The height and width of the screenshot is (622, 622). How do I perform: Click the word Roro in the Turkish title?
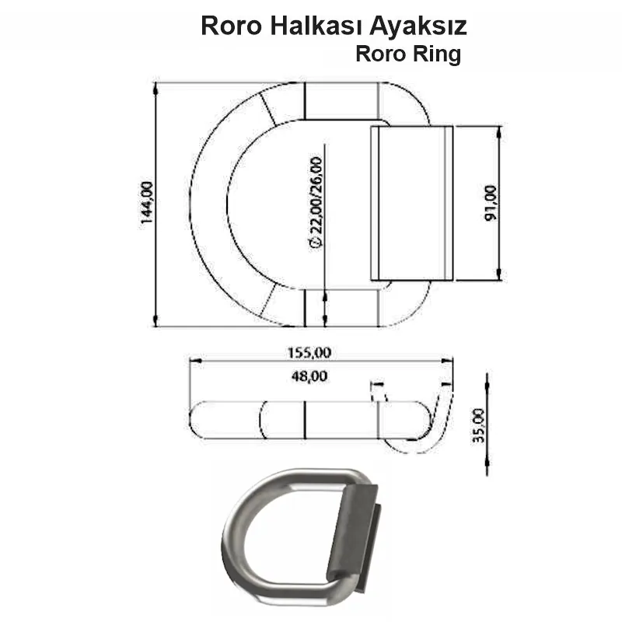[x=230, y=26]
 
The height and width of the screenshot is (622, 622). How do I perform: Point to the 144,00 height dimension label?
[x=147, y=204]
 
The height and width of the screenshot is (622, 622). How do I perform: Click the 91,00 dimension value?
[x=489, y=204]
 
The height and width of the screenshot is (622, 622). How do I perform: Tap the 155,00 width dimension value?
[x=310, y=352]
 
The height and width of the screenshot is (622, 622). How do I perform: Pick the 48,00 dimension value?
[x=310, y=376]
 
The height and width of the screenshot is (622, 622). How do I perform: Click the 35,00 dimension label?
[x=477, y=425]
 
